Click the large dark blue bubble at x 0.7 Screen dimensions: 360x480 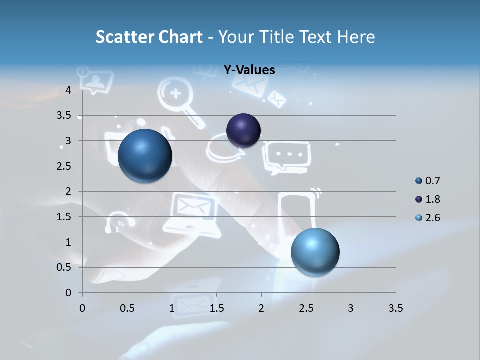pyautogui.click(x=145, y=156)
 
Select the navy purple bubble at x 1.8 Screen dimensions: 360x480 pyautogui.click(x=243, y=131)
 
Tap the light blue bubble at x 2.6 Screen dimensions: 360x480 pyautogui.click(x=315, y=252)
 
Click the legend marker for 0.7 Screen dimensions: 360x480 pyautogui.click(x=419, y=181)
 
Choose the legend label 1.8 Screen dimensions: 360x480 pyautogui.click(x=432, y=199)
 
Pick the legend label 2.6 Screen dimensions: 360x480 pyautogui.click(x=432, y=218)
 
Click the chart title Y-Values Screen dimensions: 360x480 pyautogui.click(x=249, y=70)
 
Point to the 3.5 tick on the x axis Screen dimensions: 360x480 pyautogui.click(x=395, y=308)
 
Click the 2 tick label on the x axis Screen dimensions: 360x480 pyautogui.click(x=261, y=308)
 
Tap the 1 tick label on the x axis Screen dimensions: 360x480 pyautogui.click(x=172, y=308)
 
